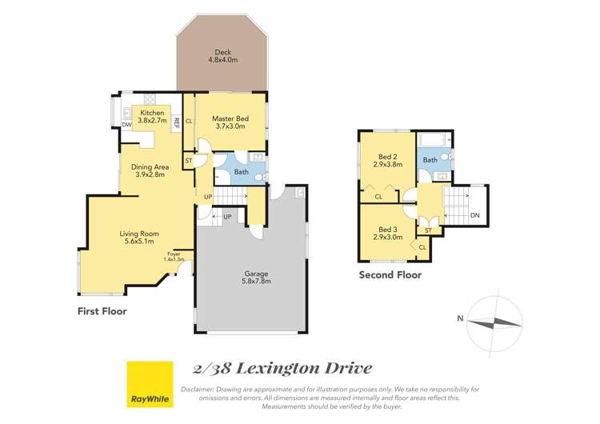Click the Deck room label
(222, 54)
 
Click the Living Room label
(135, 237)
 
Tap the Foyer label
(174, 256)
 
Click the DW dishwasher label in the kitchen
(127, 124)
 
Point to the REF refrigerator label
(176, 123)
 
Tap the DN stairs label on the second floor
(474, 214)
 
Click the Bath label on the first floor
(241, 171)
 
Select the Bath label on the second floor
(430, 160)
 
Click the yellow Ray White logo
(150, 384)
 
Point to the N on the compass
(460, 318)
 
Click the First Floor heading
(102, 310)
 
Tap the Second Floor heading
(390, 275)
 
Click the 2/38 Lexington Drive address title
(282, 369)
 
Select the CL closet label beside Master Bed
(189, 122)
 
